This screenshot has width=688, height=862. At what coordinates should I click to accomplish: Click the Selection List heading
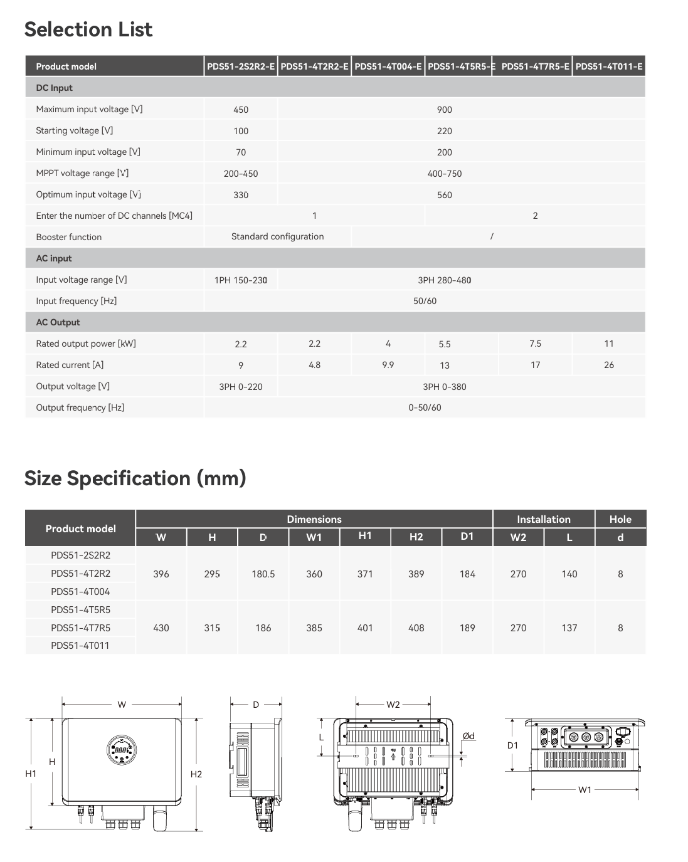click(x=88, y=29)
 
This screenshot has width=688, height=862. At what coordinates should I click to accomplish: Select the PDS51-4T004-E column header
click(x=388, y=66)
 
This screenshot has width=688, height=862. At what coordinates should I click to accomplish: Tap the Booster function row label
click(x=69, y=237)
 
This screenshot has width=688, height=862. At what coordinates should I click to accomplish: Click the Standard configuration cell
click(x=277, y=236)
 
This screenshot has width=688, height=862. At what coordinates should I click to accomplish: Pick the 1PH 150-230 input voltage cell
click(x=241, y=280)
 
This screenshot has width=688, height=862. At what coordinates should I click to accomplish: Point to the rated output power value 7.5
click(x=535, y=344)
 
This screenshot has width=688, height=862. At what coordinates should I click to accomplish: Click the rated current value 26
click(x=608, y=365)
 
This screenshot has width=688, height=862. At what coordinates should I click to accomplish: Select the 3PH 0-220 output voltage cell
click(x=241, y=387)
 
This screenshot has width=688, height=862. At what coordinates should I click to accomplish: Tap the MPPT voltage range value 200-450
click(x=241, y=174)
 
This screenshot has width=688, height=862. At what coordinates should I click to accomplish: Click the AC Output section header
click(x=58, y=322)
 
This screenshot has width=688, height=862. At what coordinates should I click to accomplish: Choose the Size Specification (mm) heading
click(x=135, y=478)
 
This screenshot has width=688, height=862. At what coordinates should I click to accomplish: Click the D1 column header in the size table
click(x=467, y=537)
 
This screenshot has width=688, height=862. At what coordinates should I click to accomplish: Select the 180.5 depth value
click(x=263, y=574)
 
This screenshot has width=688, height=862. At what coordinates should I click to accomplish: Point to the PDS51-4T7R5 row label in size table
click(x=80, y=628)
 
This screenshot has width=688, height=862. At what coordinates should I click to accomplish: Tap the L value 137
click(x=569, y=628)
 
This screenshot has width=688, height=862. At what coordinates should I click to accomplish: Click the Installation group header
click(x=543, y=519)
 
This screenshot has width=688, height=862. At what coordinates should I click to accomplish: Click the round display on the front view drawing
click(x=122, y=749)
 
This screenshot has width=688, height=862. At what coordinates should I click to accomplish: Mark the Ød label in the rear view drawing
click(x=468, y=736)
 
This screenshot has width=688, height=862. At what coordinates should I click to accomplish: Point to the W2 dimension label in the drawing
click(x=393, y=705)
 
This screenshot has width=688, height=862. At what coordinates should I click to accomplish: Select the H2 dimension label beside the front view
click(x=196, y=774)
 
